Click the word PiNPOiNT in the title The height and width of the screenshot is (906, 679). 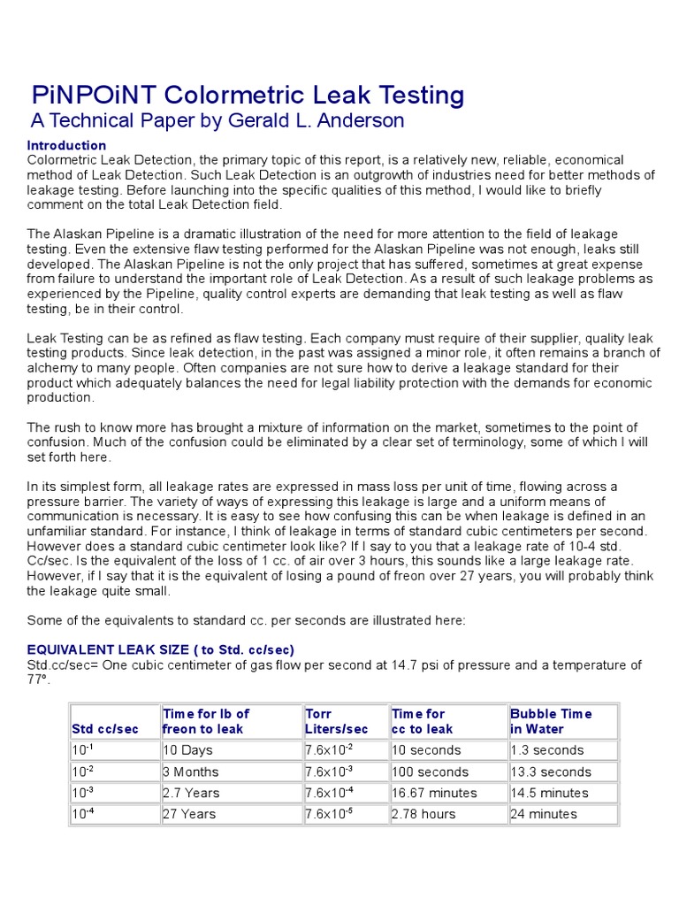pyautogui.click(x=91, y=95)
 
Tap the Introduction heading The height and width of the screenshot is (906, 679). pyautogui.click(x=66, y=145)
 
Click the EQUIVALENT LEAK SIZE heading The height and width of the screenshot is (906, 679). pyautogui.click(x=160, y=649)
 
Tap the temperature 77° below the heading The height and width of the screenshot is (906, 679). pyautogui.click(x=39, y=679)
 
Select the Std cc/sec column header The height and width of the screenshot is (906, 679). pyautogui.click(x=105, y=729)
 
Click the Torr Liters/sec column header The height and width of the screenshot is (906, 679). pyautogui.click(x=336, y=721)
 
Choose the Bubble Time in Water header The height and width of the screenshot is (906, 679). pyautogui.click(x=551, y=721)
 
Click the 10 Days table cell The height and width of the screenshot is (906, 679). pyautogui.click(x=187, y=750)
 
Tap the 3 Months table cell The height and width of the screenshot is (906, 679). pyautogui.click(x=191, y=772)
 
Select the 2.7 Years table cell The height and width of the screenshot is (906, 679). pyautogui.click(x=191, y=793)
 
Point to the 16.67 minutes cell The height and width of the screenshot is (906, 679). pyautogui.click(x=434, y=793)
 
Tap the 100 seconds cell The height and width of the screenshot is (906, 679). pyautogui.click(x=430, y=772)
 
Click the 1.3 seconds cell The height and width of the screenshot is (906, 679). pyautogui.click(x=547, y=750)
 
